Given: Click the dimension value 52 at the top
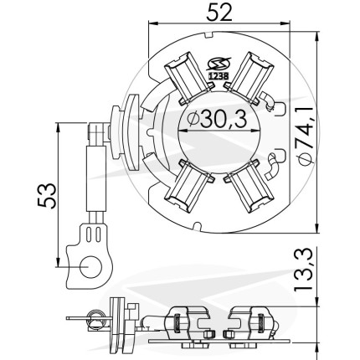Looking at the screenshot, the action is (219, 13).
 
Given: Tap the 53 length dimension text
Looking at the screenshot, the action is (47, 196).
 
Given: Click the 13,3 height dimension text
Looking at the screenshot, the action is (304, 270).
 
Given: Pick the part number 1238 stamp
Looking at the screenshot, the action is (219, 76).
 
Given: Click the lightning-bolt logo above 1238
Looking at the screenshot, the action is (219, 64).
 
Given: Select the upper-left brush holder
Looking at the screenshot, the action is (188, 77).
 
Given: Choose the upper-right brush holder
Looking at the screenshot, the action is (249, 77).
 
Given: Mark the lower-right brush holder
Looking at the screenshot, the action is (249, 186).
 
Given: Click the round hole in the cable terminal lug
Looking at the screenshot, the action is (90, 266).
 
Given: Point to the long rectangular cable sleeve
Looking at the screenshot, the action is (96, 178).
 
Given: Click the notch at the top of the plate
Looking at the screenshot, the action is (209, 35).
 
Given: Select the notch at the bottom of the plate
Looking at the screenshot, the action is (197, 226).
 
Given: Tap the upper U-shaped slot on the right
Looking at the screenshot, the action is (280, 110).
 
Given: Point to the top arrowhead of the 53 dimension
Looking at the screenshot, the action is (58, 129).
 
